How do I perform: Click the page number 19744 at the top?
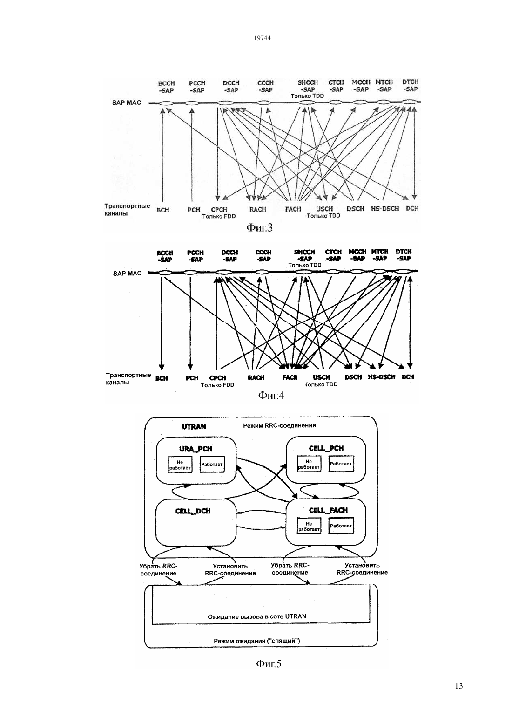tap(262, 38)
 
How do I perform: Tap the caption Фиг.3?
tap(260, 227)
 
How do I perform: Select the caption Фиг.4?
tap(271, 395)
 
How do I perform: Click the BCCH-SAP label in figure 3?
tap(167, 87)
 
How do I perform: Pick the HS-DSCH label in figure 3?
tap(385, 209)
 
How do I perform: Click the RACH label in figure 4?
tap(256, 377)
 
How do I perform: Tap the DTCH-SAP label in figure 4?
tap(404, 255)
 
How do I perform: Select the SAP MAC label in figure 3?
tap(127, 103)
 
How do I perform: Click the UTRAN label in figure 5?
tap(194, 427)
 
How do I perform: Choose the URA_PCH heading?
tap(196, 449)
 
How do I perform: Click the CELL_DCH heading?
tap(193, 511)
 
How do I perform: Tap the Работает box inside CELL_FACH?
tap(341, 526)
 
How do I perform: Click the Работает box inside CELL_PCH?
tap(341, 464)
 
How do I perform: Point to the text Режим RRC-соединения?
tap(280, 425)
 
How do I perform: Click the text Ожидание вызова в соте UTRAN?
tap(257, 616)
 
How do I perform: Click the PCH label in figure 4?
tap(192, 378)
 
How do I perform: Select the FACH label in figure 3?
tap(293, 209)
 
